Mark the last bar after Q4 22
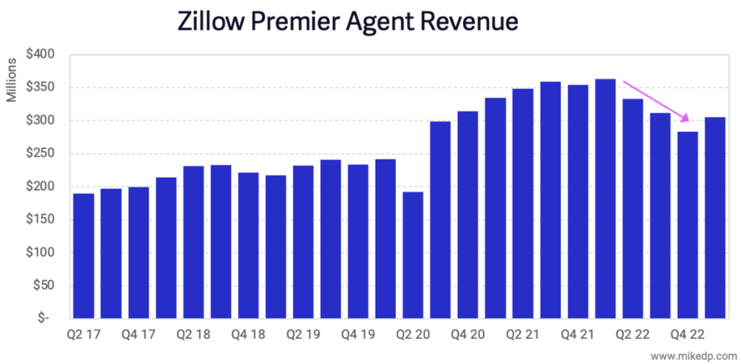coord(715,217)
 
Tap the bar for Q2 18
coord(193,242)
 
